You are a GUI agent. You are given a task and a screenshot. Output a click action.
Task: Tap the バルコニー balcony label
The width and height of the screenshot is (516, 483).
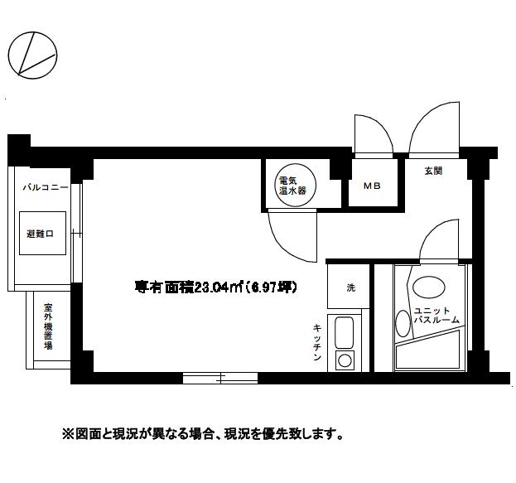click(x=45, y=189)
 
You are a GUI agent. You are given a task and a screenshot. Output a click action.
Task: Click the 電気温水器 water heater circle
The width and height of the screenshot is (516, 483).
click(x=292, y=186)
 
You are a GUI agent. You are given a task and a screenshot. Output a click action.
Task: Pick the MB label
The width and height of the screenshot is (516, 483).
click(x=371, y=186)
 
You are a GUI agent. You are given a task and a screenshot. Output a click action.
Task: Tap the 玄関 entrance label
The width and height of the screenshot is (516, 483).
click(x=433, y=171)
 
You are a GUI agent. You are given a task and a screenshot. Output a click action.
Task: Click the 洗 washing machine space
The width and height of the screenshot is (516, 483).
click(x=350, y=287)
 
